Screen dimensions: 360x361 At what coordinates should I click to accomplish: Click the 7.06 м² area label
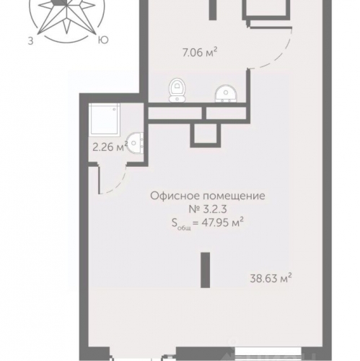(200, 52)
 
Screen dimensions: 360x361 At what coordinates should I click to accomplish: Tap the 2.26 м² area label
(110, 147)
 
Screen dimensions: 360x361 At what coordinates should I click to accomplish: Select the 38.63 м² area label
(271, 279)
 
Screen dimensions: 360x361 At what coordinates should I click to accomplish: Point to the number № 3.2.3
(208, 209)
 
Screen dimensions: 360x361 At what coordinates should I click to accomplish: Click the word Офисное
(175, 196)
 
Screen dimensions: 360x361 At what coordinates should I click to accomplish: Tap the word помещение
(234, 196)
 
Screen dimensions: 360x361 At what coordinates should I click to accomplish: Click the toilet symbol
(177, 90)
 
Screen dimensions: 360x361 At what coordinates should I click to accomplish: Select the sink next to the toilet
(226, 94)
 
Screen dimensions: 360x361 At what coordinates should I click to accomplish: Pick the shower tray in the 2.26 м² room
(104, 119)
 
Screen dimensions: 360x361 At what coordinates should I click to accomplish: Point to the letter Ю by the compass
(103, 40)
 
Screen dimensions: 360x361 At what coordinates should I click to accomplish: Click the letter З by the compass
(30, 41)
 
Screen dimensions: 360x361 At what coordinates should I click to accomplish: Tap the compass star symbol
(66, 16)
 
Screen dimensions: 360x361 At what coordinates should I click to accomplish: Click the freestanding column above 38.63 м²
(206, 270)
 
